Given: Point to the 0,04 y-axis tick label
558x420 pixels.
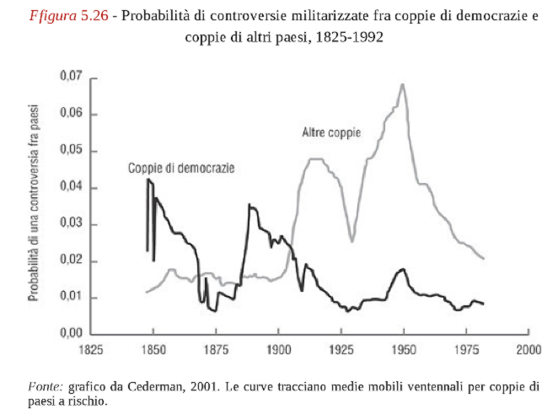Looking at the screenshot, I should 70,187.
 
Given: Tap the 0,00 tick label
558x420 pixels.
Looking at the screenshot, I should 70,334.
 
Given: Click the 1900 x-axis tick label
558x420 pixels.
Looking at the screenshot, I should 278,347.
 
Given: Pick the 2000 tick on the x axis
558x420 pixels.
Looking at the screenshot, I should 528,347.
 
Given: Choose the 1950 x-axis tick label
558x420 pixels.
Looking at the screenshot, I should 404,347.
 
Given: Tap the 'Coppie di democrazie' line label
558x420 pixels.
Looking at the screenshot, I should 181,167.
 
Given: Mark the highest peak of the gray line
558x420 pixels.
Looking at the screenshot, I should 403,84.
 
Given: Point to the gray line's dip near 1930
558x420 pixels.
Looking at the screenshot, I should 352,241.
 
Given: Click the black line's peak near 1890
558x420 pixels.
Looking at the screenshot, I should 249,205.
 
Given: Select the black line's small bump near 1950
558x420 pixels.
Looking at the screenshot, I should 403,269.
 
